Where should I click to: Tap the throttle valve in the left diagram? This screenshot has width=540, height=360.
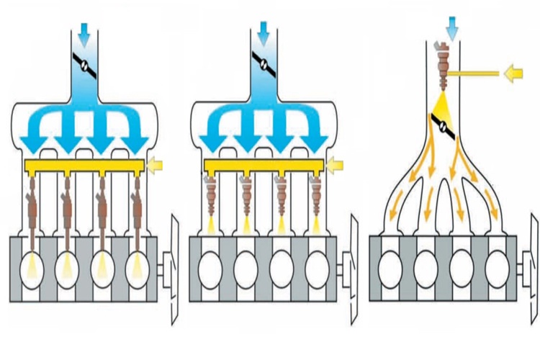coord(86,66)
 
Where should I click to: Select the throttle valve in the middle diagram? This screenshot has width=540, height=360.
coord(264,66)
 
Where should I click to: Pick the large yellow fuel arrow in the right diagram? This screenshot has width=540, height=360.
coord(513,73)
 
